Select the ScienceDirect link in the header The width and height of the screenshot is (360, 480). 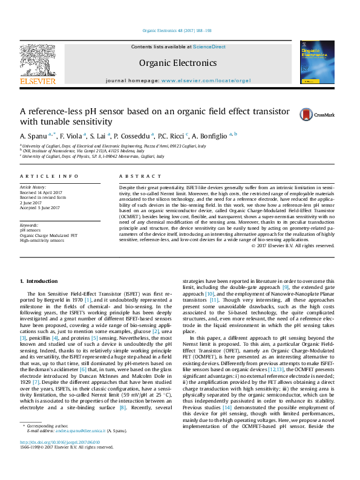point(209,47)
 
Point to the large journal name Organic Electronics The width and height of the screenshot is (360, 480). point(177,63)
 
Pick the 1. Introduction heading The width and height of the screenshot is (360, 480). point(39,281)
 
